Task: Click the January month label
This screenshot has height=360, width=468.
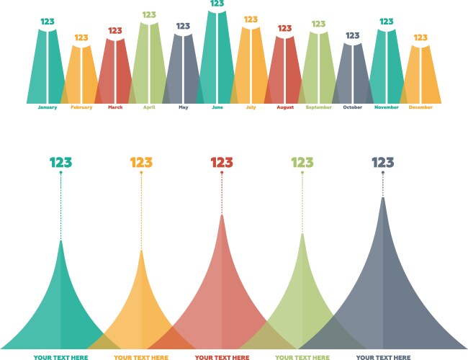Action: click(x=47, y=107)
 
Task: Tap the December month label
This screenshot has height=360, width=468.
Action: click(x=420, y=107)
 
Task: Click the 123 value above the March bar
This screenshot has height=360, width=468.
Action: click(x=115, y=31)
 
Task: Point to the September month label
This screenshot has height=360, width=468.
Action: click(x=318, y=107)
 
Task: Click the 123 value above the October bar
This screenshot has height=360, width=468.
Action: click(x=353, y=35)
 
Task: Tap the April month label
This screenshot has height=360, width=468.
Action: click(x=149, y=107)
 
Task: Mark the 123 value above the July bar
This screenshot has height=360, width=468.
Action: click(x=251, y=19)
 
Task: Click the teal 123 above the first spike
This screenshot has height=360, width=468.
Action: click(x=60, y=163)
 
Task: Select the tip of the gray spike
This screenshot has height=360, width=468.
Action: click(x=382, y=198)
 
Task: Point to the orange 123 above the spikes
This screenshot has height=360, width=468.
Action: click(x=141, y=163)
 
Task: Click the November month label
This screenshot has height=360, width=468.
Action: click(x=387, y=107)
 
